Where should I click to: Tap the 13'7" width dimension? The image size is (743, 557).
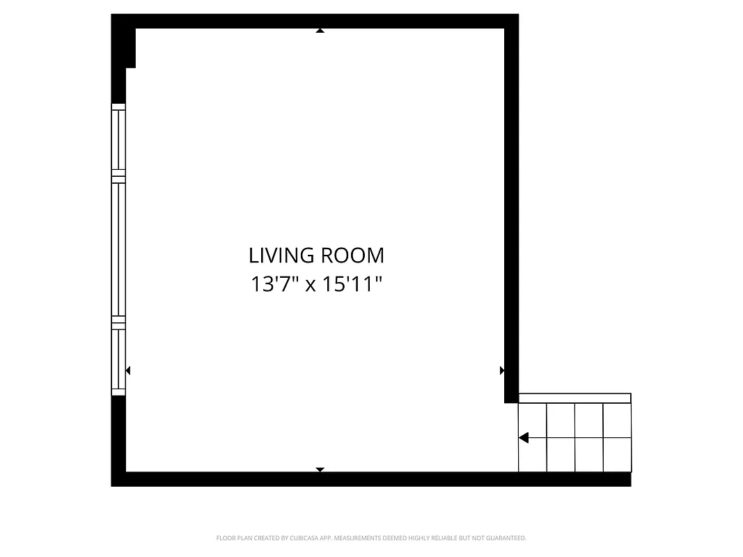(274, 285)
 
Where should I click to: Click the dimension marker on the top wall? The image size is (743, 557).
(320, 31)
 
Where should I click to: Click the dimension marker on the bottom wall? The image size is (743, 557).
(320, 470)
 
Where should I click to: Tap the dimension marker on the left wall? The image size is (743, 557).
(127, 370)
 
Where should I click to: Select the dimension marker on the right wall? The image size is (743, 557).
(502, 370)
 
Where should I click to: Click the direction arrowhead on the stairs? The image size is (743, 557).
(524, 438)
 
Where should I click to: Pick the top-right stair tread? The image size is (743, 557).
(617, 421)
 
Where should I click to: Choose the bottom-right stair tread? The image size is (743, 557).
(617, 455)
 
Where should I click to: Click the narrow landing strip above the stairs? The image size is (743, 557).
(574, 398)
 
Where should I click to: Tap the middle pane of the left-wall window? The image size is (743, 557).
(119, 249)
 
